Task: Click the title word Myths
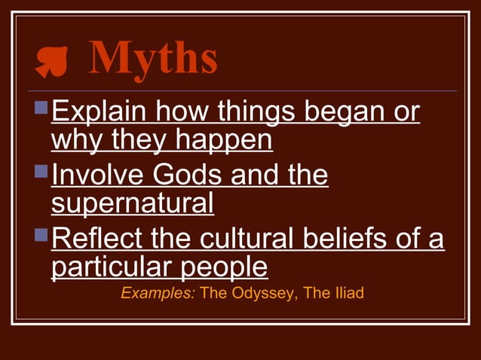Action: click(x=154, y=58)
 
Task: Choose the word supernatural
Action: click(x=132, y=203)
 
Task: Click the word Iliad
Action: click(x=347, y=292)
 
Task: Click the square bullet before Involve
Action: click(x=42, y=174)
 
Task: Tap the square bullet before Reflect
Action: click(x=42, y=237)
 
